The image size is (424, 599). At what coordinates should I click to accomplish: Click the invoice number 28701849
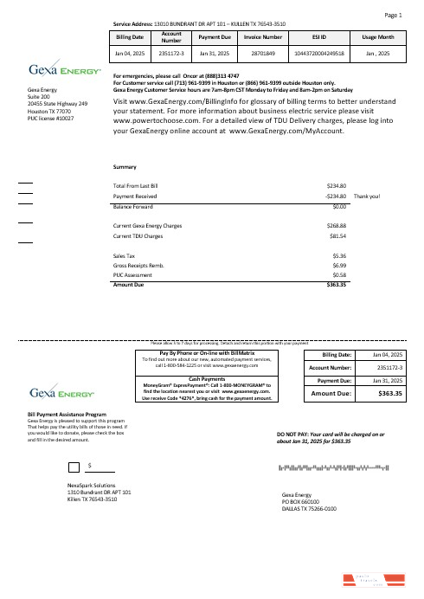(263, 54)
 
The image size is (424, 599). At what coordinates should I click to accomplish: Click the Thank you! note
(374, 196)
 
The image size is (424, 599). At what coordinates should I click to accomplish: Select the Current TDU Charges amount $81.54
(337, 235)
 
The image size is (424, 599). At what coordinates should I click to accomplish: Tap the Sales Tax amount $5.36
(339, 256)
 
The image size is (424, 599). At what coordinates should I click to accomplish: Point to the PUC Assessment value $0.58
(339, 275)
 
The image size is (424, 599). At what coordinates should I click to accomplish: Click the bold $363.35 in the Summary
(335, 284)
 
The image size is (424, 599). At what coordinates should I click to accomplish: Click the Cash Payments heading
(207, 379)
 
